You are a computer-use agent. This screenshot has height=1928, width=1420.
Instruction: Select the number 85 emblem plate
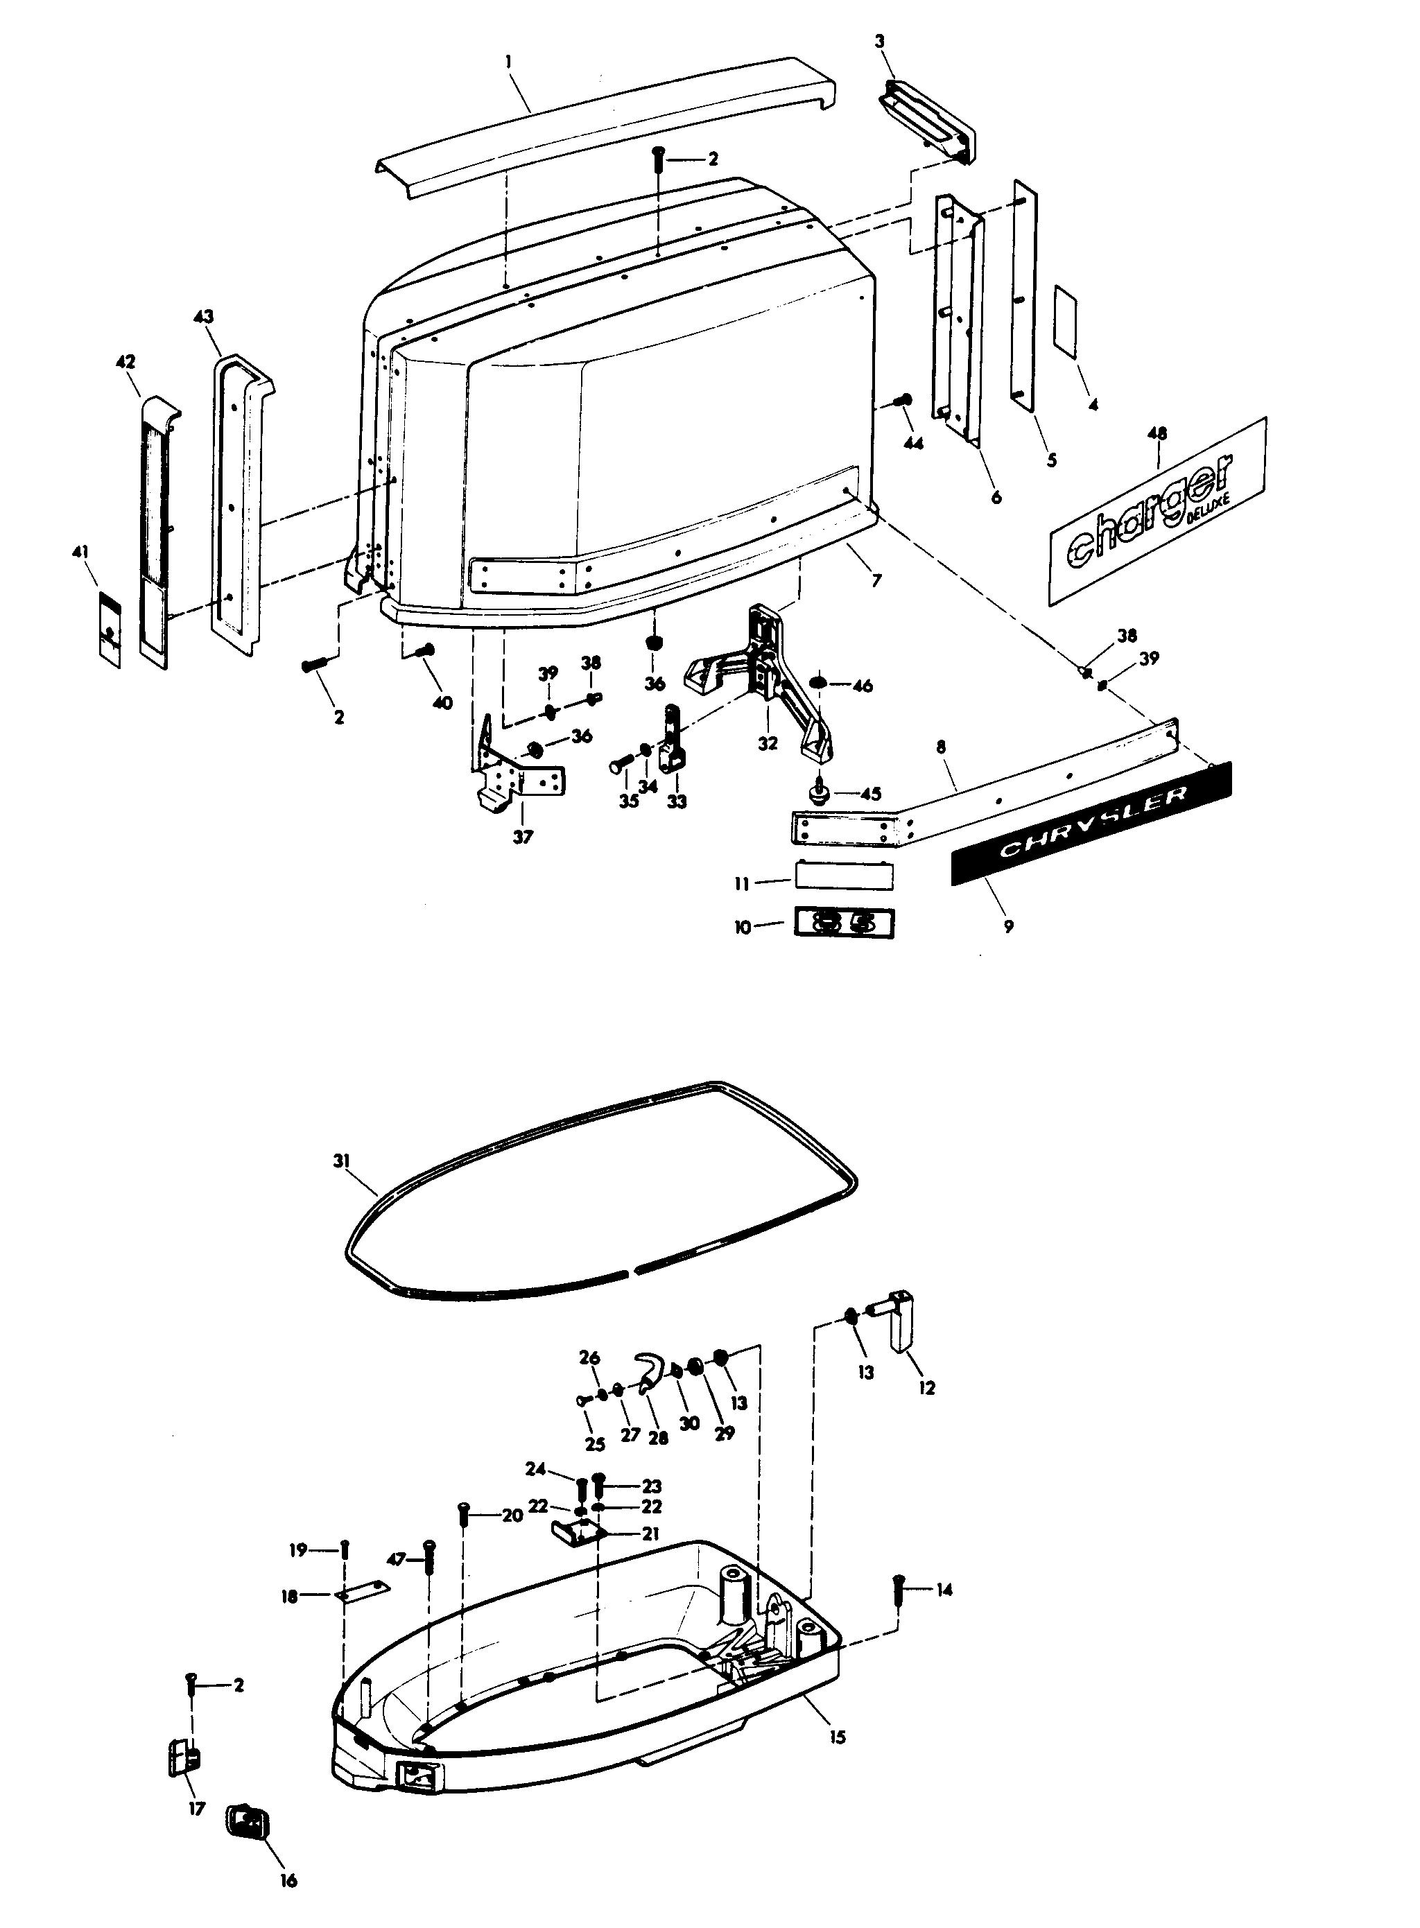coord(843,924)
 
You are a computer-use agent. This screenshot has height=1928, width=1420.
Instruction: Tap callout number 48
coord(1157,433)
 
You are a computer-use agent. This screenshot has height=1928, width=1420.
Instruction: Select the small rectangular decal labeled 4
coord(1068,323)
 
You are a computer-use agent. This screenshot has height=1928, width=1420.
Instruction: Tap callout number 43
coord(204,318)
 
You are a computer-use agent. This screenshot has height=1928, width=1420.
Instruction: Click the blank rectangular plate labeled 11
coord(843,878)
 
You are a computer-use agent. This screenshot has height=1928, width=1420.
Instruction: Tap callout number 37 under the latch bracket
coord(523,836)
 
